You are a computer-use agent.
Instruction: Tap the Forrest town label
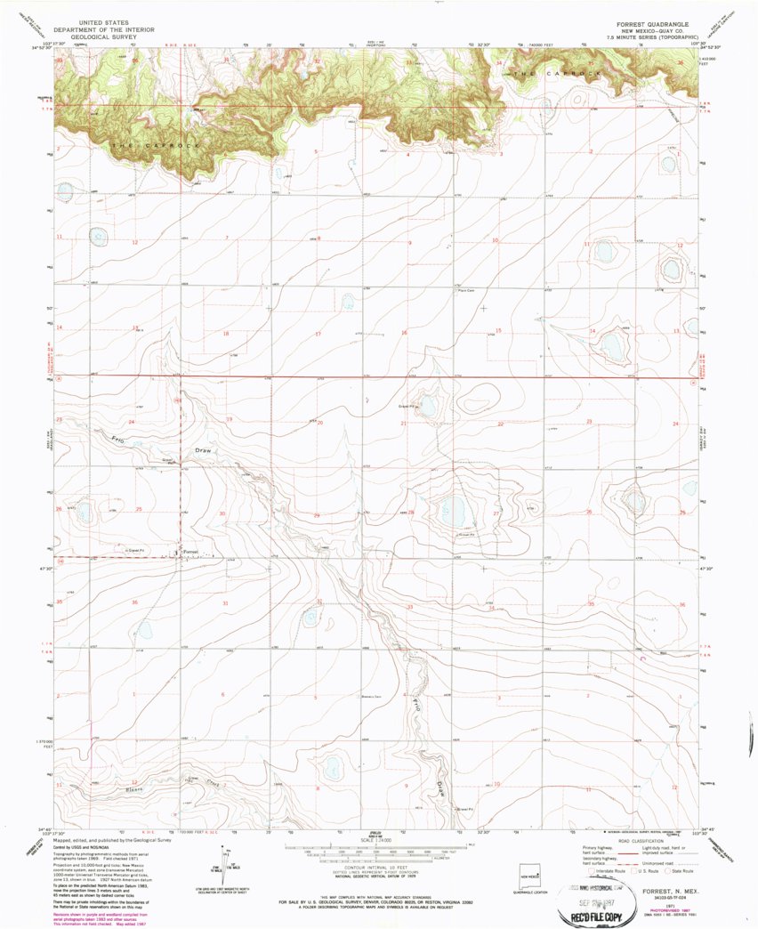tap(190, 552)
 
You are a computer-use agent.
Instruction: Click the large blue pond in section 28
tap(452, 511)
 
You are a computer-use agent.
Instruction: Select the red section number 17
tap(318, 334)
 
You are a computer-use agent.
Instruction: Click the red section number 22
tap(500, 424)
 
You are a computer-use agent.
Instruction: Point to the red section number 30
tap(222, 513)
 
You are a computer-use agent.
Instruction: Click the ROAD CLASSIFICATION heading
tap(637, 840)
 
